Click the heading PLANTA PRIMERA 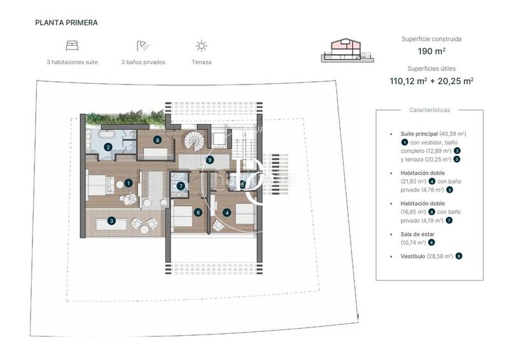[67, 22]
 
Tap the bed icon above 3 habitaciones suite [72, 46]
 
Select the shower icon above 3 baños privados [143, 46]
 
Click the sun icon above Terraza [201, 46]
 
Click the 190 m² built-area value [431, 51]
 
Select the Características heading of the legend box [429, 110]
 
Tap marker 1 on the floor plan [129, 183]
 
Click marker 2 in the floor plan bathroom [108, 148]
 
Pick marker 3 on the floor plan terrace [111, 221]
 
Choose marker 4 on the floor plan [227, 213]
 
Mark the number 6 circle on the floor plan [199, 213]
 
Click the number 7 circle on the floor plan [181, 186]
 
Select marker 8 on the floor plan [157, 140]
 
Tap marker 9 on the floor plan [209, 160]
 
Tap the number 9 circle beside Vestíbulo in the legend [458, 256]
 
